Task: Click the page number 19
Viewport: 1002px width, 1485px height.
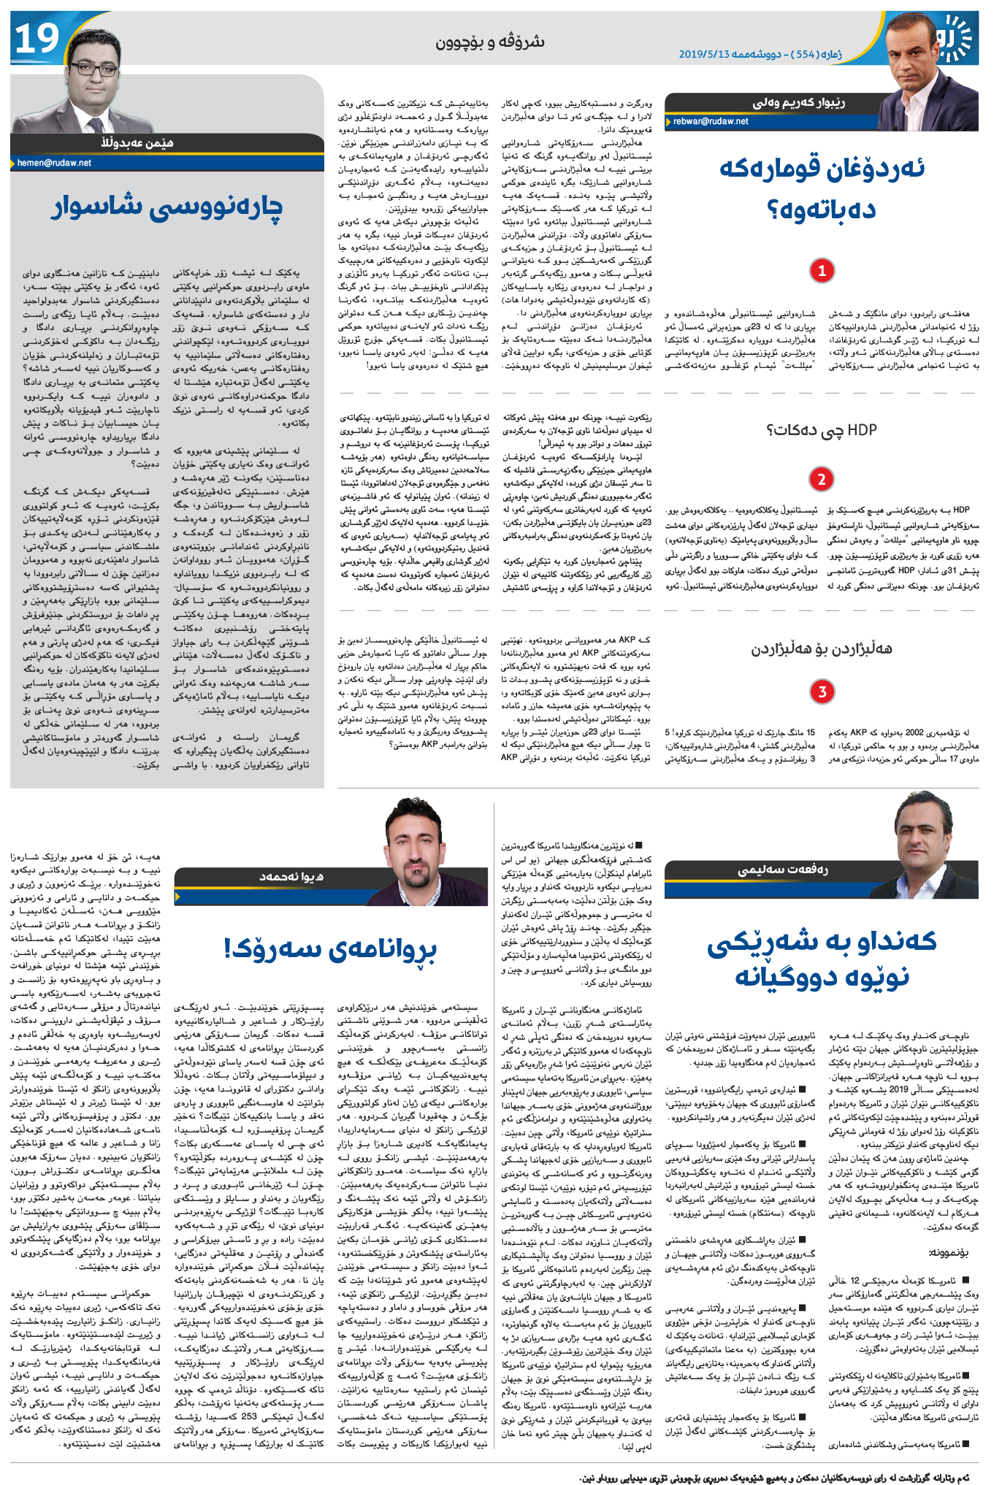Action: click(37, 39)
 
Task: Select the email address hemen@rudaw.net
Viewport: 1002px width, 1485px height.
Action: click(55, 163)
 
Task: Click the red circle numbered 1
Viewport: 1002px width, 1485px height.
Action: click(822, 272)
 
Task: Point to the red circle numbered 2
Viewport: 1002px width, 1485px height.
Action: click(822, 480)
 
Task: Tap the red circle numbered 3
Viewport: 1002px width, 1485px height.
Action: click(822, 691)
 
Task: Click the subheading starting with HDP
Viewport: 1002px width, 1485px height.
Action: click(822, 431)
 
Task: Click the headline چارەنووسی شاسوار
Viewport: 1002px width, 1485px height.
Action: click(167, 207)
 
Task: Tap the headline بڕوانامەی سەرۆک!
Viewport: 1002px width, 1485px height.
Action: click(331, 949)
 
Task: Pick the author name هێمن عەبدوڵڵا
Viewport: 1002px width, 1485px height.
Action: click(138, 142)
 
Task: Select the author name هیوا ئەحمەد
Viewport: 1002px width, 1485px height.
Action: click(292, 876)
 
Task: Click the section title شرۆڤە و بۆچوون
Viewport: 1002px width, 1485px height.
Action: click(490, 42)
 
